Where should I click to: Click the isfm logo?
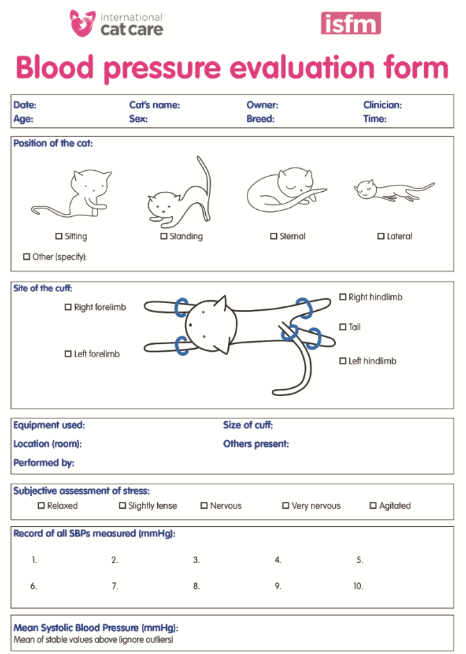351,23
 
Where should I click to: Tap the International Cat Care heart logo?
82,23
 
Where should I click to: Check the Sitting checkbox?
59,236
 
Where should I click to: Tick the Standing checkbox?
163,236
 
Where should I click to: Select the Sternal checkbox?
273,236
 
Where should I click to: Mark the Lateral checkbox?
381,236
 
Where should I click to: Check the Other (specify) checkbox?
26,256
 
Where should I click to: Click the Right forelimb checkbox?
68,307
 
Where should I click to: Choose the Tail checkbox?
343,327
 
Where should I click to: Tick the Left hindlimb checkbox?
343,361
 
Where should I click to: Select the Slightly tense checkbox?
122,505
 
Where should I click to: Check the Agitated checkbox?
373,505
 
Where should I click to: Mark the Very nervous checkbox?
286,505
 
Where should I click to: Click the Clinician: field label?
383,105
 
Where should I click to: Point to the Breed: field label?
260,119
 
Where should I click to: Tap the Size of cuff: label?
248,425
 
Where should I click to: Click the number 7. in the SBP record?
115,586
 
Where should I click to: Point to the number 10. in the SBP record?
358,586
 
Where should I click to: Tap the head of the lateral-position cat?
365,189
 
